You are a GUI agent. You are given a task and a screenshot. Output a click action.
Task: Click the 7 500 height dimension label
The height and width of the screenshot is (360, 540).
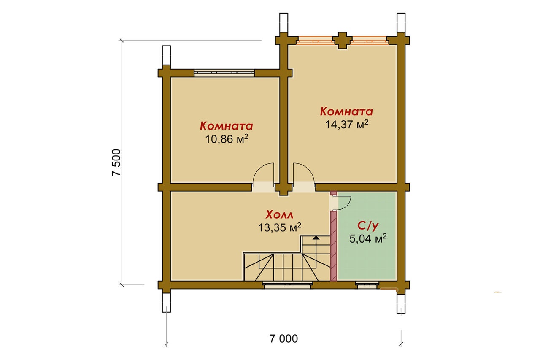coord(116,162)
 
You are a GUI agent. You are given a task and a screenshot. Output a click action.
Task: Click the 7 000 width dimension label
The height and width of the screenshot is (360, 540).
coord(283,339)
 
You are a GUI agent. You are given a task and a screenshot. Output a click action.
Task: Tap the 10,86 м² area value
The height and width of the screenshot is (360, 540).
coord(227,139)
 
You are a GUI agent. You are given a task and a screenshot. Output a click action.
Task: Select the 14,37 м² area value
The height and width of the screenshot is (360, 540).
coord(347,124)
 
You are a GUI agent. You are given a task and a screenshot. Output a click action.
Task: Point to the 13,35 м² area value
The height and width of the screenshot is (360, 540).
coord(280,227)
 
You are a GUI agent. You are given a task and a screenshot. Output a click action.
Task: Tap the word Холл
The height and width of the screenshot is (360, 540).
coord(279,214)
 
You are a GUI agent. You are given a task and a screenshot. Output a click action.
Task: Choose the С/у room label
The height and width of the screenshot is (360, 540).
coord(368,226)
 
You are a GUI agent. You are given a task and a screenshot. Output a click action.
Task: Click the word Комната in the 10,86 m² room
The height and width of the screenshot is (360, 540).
coord(227,126)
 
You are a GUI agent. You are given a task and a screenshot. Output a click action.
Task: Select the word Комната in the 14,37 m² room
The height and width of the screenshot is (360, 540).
coord(346,111)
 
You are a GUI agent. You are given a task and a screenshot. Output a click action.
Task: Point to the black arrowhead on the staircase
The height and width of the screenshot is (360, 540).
coord(316,238)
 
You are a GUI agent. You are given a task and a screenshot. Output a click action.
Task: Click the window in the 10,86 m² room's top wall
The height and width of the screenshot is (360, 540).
coord(224,73)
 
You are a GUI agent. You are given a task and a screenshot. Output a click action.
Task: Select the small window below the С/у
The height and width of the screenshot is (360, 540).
coord(367,285)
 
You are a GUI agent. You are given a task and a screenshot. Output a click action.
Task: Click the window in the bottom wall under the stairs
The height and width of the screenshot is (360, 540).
coord(287,285)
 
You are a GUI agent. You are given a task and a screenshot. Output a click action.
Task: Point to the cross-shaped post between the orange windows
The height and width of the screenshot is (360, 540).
coord(342,40)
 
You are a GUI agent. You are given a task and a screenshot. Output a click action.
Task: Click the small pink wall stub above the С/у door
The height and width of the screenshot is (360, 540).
coord(333,193)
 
